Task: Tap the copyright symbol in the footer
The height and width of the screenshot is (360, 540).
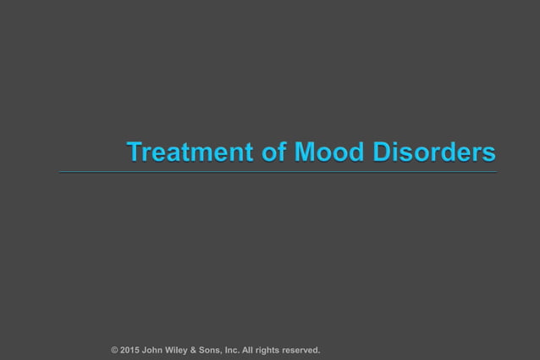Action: click(114, 350)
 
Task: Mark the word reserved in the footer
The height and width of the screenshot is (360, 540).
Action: click(306, 350)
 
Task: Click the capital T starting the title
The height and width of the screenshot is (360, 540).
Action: click(134, 152)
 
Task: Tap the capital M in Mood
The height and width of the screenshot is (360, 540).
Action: click(304, 152)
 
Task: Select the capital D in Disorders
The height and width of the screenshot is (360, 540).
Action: click(382, 152)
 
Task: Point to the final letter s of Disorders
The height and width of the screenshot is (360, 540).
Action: click(490, 154)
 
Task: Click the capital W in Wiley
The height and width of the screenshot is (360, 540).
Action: click(174, 350)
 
